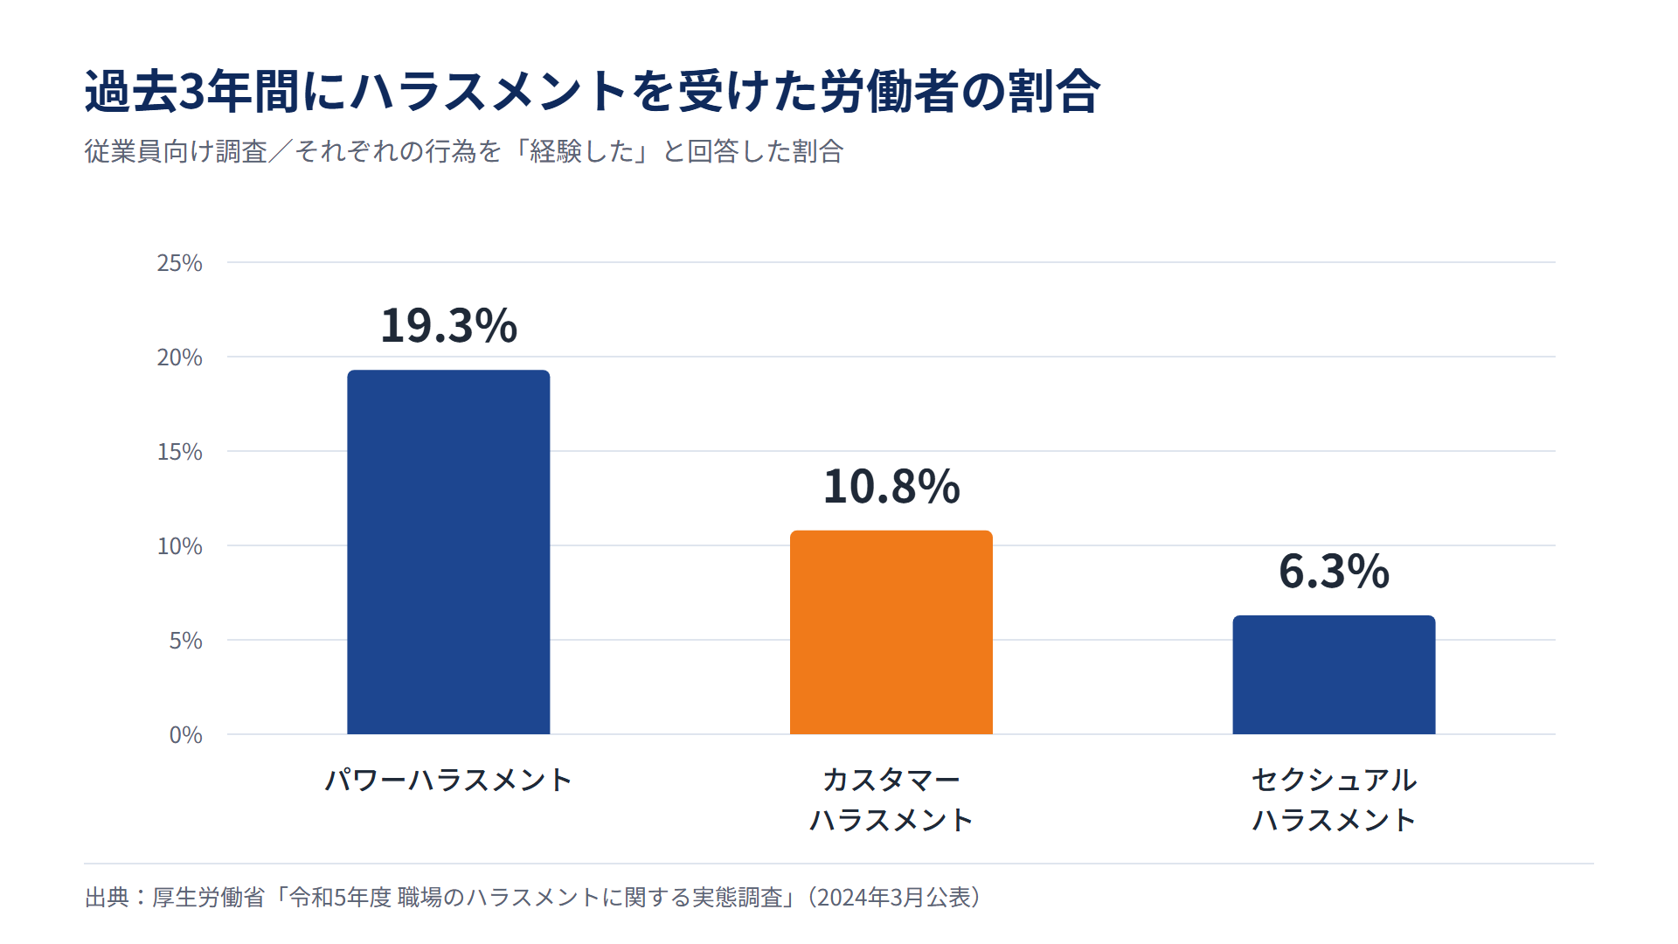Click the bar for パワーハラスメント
(448, 552)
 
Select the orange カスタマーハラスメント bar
(891, 632)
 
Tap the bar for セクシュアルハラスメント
(1334, 675)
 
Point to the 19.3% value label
(448, 325)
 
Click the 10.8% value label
(891, 486)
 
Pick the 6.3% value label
(1334, 571)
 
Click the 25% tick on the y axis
(179, 263)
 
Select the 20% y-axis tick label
(179, 357)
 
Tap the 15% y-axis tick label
(179, 452)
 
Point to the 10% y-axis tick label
(179, 546)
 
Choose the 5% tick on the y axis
(185, 641)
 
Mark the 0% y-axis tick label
(185, 735)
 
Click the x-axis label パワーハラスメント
(448, 779)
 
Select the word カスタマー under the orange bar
(891, 779)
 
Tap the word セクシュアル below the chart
(1334, 779)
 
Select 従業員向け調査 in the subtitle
(176, 151)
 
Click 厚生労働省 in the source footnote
(208, 898)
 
